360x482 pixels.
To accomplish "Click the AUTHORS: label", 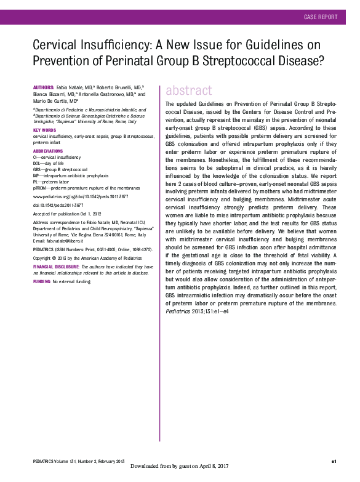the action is point(44,88).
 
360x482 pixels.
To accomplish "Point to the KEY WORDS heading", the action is point(44,131).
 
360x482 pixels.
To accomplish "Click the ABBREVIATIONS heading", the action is point(47,151).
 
